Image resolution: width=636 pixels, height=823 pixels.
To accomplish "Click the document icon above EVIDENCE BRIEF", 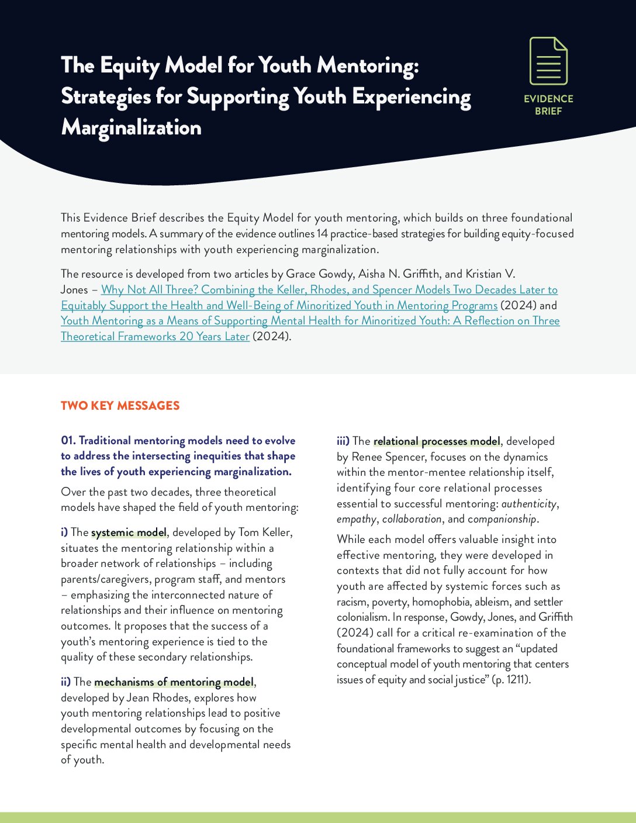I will (548, 61).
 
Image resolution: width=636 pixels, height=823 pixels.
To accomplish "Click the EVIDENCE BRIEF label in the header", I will (548, 105).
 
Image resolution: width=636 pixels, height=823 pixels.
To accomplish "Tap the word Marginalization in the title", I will (132, 127).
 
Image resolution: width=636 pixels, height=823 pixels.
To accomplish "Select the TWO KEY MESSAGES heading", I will (120, 406).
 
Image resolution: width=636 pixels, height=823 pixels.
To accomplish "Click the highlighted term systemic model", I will (129, 532).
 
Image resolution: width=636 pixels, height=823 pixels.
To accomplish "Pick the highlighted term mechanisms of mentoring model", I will (174, 682).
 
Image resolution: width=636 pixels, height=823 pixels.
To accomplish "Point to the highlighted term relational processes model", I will (437, 441).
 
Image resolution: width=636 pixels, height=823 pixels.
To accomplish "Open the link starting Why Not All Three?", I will (329, 290).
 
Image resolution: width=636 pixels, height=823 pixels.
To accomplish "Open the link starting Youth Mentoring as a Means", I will (310, 321).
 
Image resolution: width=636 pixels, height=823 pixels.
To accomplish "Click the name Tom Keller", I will (265, 532).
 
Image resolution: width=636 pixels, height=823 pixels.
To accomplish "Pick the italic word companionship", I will (502, 519).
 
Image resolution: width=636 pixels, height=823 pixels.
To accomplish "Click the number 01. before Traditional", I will (68, 441).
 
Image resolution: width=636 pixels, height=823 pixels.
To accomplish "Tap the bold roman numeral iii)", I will (343, 441).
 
